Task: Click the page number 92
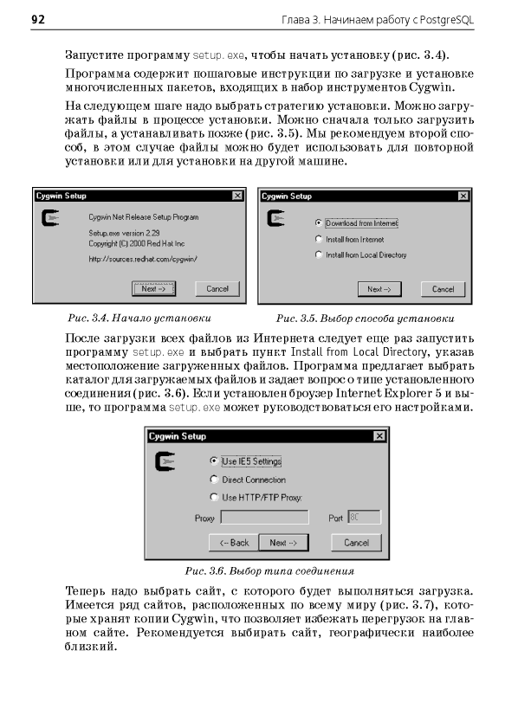pyautogui.click(x=38, y=20)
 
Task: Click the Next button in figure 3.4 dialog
pyautogui.click(x=153, y=288)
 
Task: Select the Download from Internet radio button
pyautogui.click(x=319, y=223)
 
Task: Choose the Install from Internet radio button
pyautogui.click(x=319, y=239)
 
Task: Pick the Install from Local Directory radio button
pyautogui.click(x=319, y=254)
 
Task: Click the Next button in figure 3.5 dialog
pyautogui.click(x=379, y=289)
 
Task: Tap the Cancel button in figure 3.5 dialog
pyautogui.click(x=443, y=289)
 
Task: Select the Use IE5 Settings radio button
pyautogui.click(x=213, y=461)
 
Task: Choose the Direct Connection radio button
pyautogui.click(x=213, y=480)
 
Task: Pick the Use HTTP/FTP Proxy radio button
pyautogui.click(x=213, y=497)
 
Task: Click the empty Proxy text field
pyautogui.click(x=264, y=518)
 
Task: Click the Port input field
pyautogui.click(x=364, y=518)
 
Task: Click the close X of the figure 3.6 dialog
pyautogui.click(x=379, y=436)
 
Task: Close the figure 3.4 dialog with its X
pyautogui.click(x=237, y=196)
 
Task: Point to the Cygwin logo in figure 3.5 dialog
pyautogui.click(x=275, y=218)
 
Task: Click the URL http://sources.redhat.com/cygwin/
pyautogui.click(x=143, y=259)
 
